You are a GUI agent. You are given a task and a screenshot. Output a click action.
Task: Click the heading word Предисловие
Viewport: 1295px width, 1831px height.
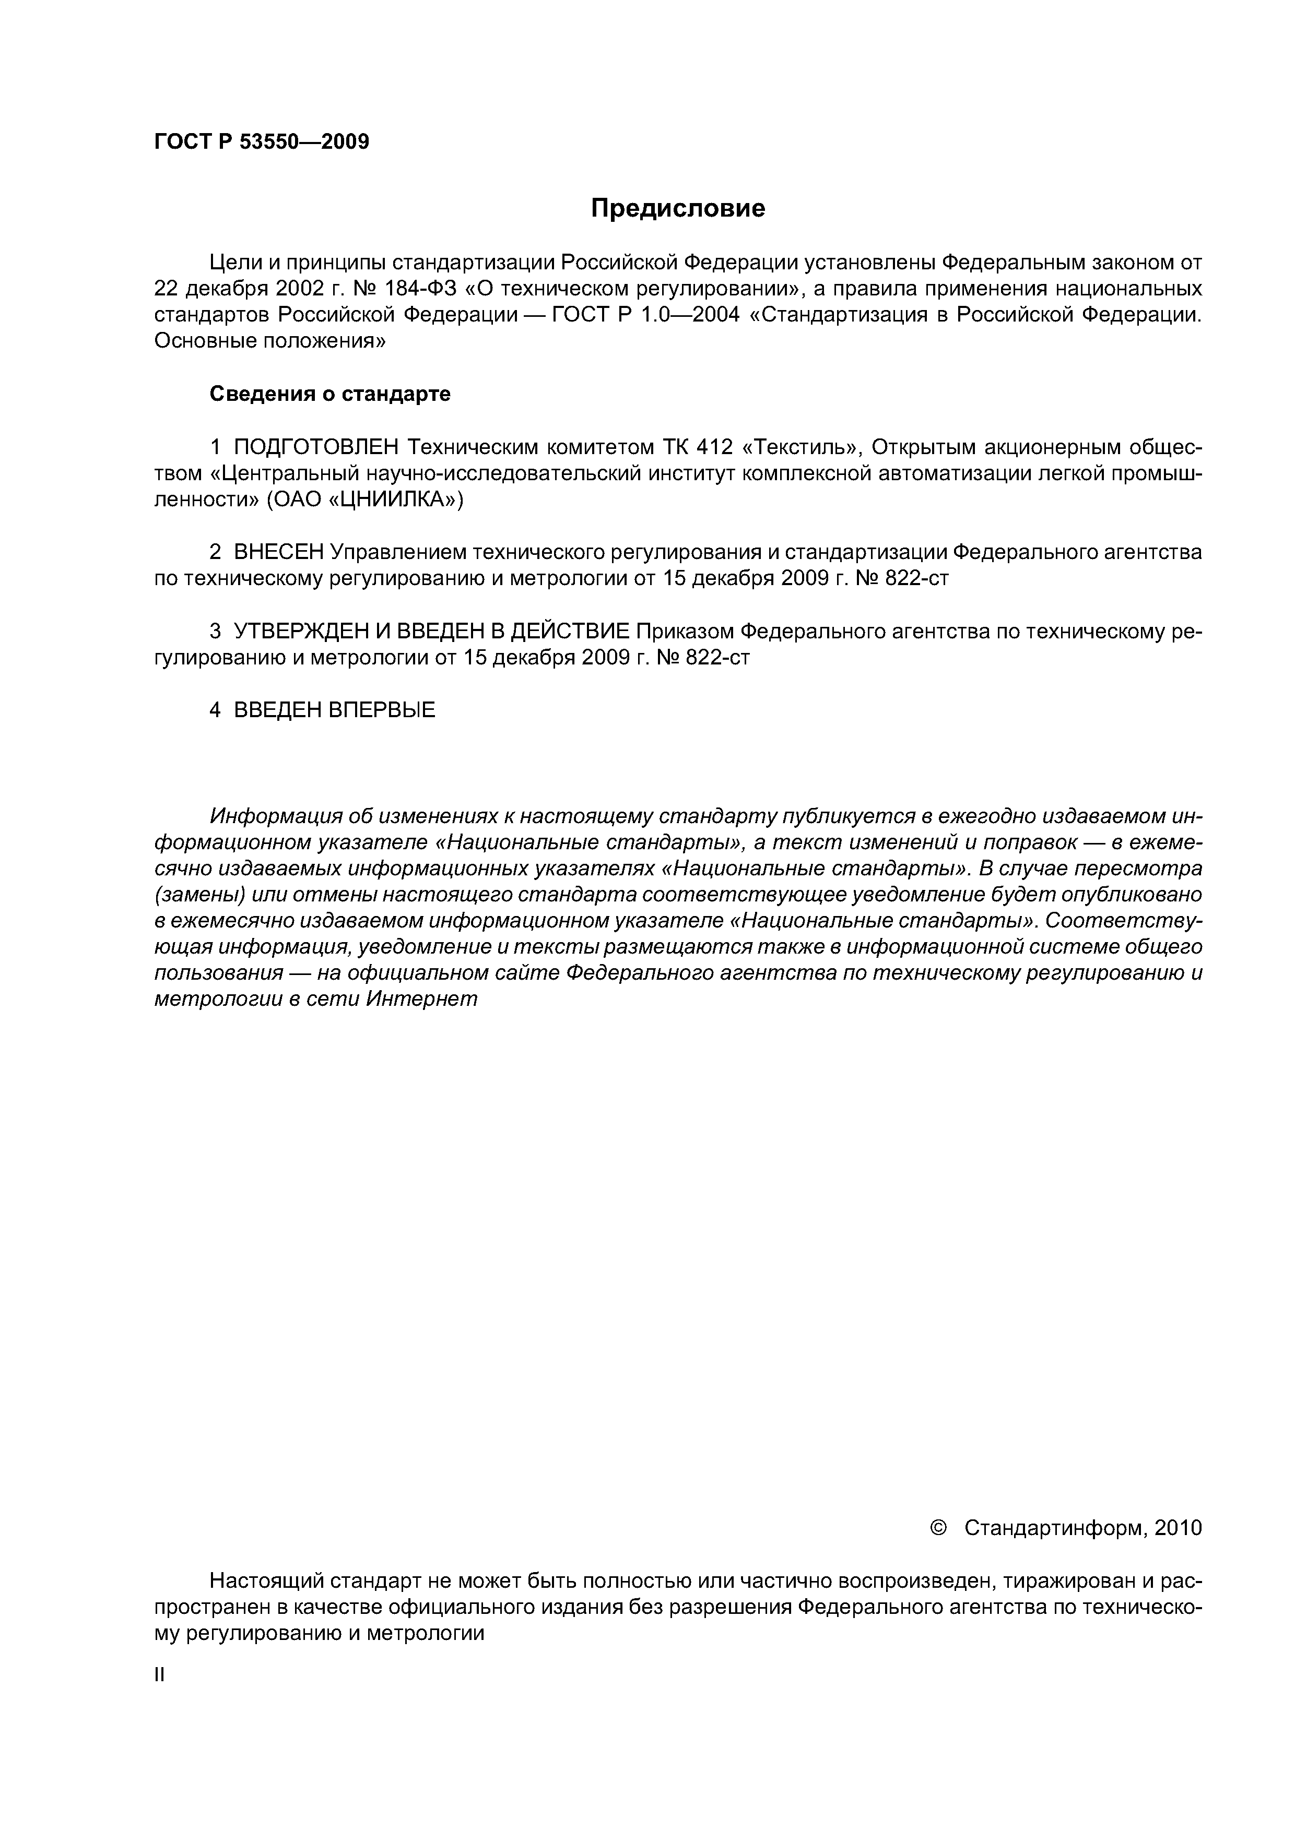[x=677, y=209]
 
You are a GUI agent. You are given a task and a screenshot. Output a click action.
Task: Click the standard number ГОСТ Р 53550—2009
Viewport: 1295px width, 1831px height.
[x=262, y=142]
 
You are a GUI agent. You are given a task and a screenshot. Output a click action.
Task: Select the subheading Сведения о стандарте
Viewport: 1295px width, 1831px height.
[x=329, y=394]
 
